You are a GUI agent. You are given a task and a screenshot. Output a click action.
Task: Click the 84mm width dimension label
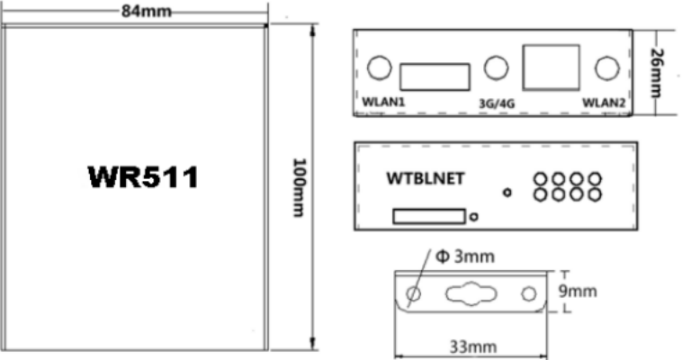[147, 11]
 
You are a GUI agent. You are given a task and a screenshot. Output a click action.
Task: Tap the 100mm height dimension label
[300, 187]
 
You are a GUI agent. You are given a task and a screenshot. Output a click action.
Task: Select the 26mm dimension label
[657, 73]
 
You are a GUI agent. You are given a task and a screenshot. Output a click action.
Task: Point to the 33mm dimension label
[473, 346]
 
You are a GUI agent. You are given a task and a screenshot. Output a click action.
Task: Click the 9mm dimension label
[578, 291]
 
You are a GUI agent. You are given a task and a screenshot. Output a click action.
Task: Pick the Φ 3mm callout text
[465, 256]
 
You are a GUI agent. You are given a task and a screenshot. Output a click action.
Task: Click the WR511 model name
[144, 177]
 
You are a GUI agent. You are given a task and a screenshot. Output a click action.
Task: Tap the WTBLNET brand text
[426, 178]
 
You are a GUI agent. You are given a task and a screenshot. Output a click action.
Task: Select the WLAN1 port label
[383, 102]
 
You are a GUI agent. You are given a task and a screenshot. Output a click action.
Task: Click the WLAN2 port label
[604, 103]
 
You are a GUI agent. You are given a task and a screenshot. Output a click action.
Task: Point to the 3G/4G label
[497, 103]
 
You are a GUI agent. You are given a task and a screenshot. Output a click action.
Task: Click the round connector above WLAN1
[380, 67]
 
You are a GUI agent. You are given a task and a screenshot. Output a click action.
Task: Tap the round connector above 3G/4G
[497, 67]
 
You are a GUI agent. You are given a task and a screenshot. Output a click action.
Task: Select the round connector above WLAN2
[607, 68]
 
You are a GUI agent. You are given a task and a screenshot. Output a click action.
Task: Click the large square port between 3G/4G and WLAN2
[551, 67]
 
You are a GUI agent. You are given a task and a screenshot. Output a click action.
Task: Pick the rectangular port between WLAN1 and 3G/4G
[435, 76]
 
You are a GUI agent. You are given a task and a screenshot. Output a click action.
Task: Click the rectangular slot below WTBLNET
[429, 216]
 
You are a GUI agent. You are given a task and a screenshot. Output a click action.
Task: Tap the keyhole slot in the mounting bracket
[471, 293]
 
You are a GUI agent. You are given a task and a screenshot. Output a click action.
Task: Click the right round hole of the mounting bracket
[529, 293]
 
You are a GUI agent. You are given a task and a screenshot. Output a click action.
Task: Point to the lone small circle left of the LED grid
[507, 193]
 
